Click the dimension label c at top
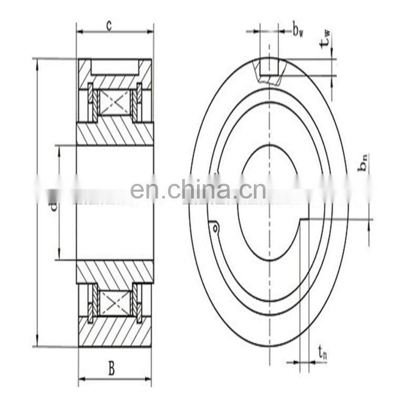click(108, 25)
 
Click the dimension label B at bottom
click(112, 369)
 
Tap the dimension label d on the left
click(52, 206)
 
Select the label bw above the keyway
click(299, 31)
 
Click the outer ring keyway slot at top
click(269, 67)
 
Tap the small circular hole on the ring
click(215, 228)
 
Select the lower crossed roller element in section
click(115, 303)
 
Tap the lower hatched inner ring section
click(115, 271)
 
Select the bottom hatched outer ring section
click(115, 332)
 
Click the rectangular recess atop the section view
click(115, 66)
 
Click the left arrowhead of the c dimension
click(79, 32)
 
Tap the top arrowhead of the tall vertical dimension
click(37, 61)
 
